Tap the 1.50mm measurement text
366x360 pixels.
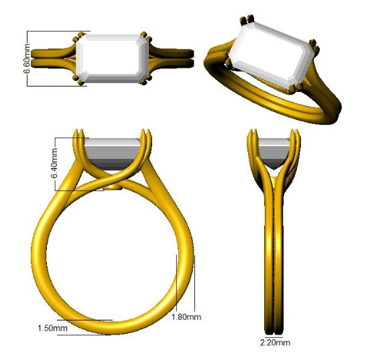tap(51, 328)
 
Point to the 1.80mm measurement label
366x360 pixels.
tap(186, 316)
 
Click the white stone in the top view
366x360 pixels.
tap(111, 58)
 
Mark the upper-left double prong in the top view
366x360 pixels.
tap(80, 36)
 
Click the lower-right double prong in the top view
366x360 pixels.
tap(143, 82)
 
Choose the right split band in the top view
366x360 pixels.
tap(171, 57)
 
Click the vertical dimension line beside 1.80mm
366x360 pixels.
tap(176, 282)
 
